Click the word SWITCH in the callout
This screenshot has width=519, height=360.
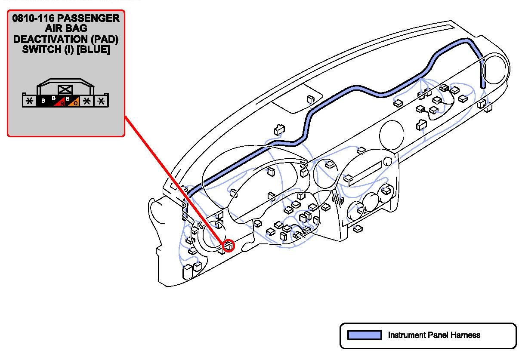[x=41, y=49]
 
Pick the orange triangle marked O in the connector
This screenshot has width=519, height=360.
[x=74, y=102]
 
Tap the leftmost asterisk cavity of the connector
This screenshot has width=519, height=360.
[x=29, y=101]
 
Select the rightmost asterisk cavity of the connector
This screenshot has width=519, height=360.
[x=101, y=101]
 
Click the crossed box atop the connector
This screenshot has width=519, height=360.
[x=65, y=89]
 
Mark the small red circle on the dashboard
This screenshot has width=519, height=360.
[x=229, y=246]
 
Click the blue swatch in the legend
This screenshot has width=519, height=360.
[x=364, y=335]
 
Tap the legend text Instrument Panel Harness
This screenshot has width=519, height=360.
[x=434, y=335]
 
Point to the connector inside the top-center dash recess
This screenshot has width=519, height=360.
[x=310, y=99]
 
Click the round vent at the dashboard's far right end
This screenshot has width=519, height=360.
[x=495, y=71]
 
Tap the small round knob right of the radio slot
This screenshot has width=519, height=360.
[x=388, y=161]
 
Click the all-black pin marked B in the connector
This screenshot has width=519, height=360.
[x=43, y=102]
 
